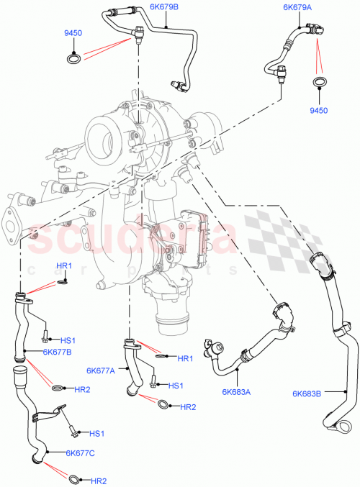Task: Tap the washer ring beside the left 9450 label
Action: (x=71, y=57)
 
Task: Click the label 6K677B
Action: (x=57, y=352)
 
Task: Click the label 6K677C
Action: (x=80, y=453)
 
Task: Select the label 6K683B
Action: (x=308, y=393)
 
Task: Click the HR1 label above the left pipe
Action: (x=64, y=267)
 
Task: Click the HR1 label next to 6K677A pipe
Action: (x=185, y=358)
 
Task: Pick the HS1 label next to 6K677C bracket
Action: (x=96, y=433)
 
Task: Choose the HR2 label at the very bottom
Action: (x=98, y=480)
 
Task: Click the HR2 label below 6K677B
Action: (x=81, y=389)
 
